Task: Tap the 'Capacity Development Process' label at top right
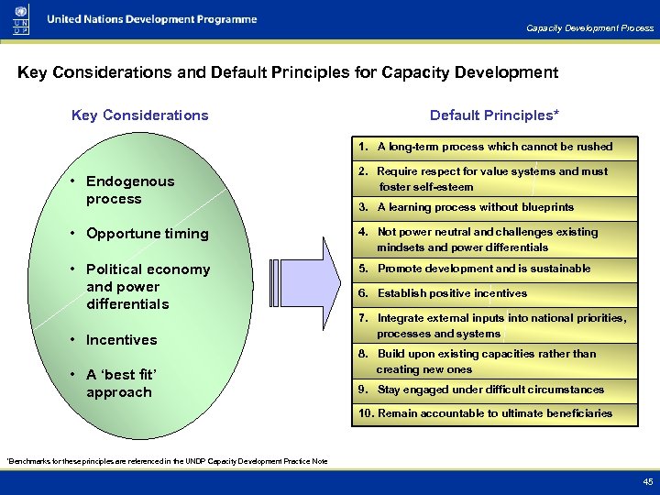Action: pos(589,28)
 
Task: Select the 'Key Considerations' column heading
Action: pos(139,115)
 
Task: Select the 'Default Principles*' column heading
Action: pos(494,115)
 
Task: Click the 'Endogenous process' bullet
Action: pos(129,190)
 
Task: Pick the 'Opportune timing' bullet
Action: pos(147,234)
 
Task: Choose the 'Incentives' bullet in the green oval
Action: pos(121,340)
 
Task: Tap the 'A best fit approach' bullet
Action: pos(121,383)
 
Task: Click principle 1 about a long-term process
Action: pos(486,147)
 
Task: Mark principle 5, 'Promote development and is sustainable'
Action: pos(475,269)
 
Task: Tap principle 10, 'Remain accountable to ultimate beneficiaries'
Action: pos(485,413)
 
